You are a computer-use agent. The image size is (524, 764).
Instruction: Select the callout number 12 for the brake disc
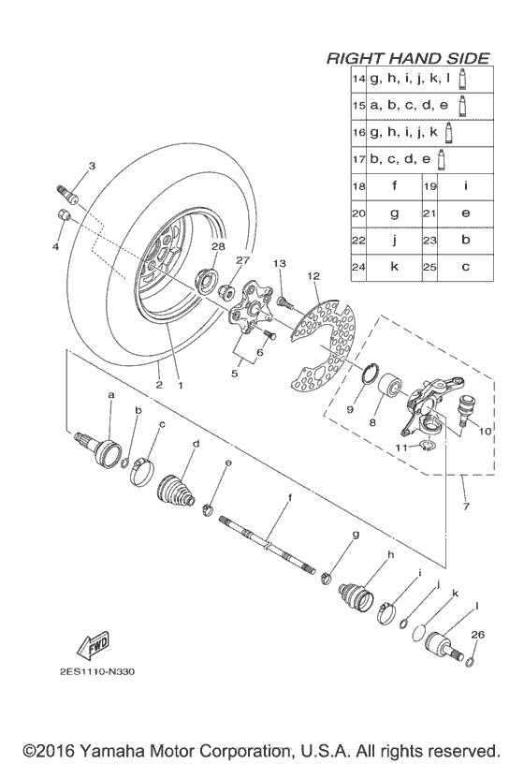coord(313,276)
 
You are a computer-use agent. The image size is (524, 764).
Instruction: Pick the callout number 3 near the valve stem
coord(92,166)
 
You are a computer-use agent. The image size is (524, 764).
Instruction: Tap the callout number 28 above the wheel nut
coord(218,246)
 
